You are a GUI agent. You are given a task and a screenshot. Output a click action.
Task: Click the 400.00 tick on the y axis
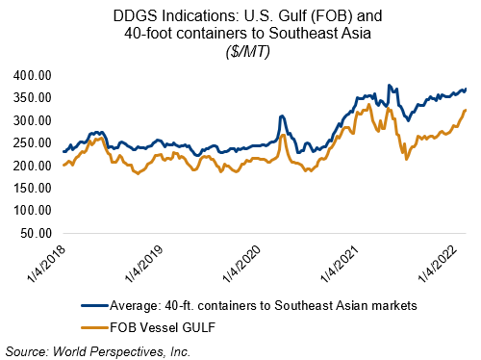pos(33,75)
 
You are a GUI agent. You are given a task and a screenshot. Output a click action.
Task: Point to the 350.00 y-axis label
pos(33,98)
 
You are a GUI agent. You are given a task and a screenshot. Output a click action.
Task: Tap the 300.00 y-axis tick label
pos(33,120)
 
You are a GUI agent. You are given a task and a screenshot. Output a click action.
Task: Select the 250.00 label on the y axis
pos(33,143)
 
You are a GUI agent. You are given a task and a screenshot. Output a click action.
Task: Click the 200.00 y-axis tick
pos(33,166)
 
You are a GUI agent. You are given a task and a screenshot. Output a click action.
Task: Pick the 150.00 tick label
pos(33,188)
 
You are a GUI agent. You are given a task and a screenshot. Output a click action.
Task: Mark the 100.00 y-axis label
pos(33,211)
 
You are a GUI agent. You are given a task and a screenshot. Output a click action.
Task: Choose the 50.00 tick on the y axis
pos(36,233)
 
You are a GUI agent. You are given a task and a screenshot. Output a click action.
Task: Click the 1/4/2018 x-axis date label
pos(46,265)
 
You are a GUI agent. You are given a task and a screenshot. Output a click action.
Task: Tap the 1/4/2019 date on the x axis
pos(143,265)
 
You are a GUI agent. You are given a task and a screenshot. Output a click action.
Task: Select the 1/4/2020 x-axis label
pos(241,265)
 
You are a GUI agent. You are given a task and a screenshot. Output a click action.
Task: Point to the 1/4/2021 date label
pos(340,265)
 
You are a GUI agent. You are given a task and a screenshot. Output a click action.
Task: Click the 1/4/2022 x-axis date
pos(438,265)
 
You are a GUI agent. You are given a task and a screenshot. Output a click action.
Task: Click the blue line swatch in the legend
pos(94,306)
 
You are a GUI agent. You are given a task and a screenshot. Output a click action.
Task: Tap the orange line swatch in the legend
pos(94,328)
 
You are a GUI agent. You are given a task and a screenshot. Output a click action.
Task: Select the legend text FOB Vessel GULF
pos(163,327)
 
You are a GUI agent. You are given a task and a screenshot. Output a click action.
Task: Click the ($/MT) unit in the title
pos(247,51)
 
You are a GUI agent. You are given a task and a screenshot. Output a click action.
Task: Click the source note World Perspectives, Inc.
pos(122,351)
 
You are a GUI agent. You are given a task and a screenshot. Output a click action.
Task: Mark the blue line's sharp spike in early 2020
pos(282,116)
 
